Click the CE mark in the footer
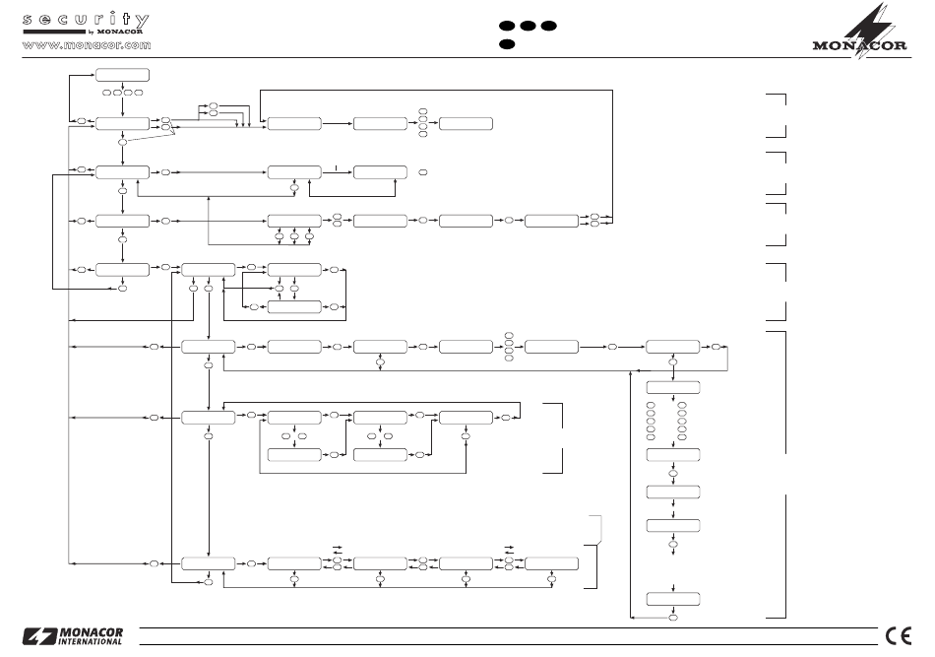(x=897, y=634)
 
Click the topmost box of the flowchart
(x=122, y=76)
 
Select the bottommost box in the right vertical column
(x=673, y=599)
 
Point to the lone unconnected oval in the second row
(x=423, y=172)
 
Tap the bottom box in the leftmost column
(x=122, y=268)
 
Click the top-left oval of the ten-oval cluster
(x=651, y=405)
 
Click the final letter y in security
(x=143, y=20)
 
